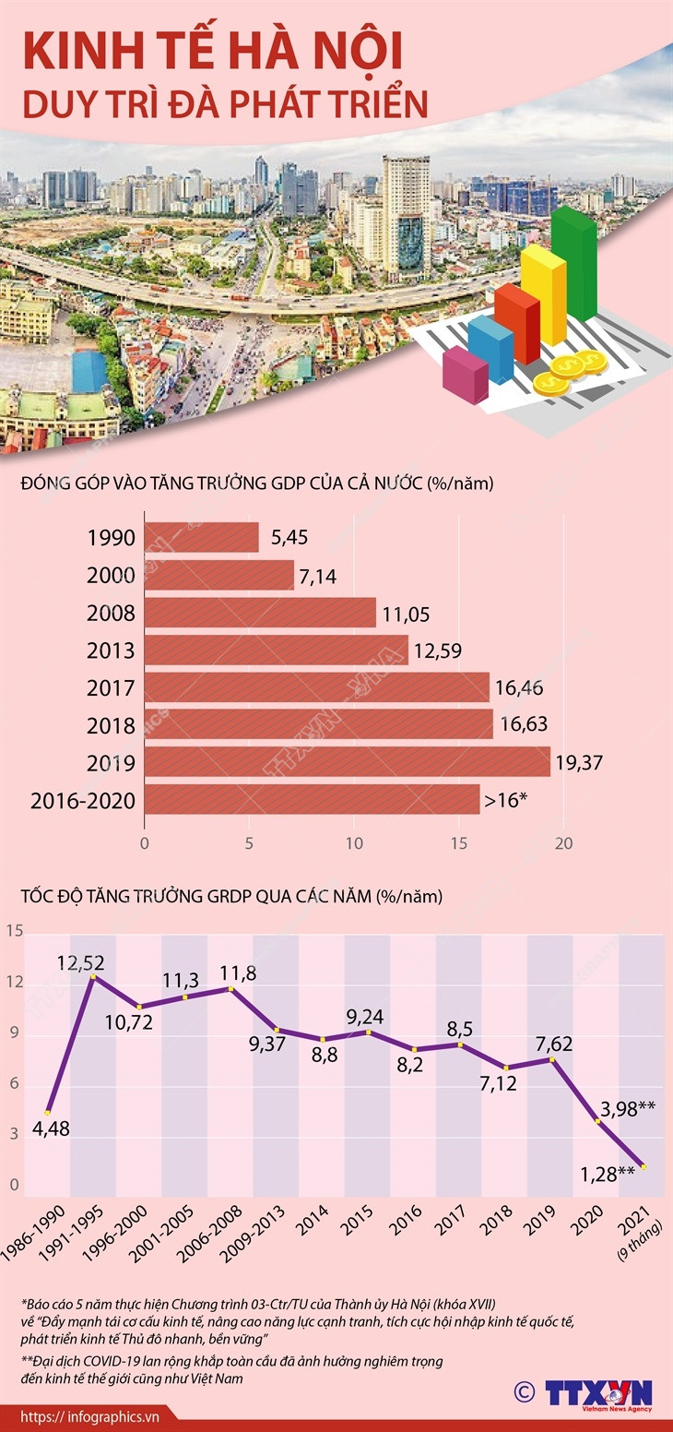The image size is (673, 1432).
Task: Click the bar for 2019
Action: (x=348, y=762)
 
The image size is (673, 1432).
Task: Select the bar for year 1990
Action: (x=202, y=537)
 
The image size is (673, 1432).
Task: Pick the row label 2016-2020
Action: (x=83, y=801)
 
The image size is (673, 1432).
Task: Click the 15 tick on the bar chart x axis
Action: (x=459, y=843)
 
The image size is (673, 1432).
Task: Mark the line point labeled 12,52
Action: (x=92, y=976)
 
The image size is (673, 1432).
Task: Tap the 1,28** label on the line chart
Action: (x=606, y=1173)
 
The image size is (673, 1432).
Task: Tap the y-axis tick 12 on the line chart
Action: (x=14, y=984)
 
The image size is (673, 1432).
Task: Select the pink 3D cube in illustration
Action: (x=466, y=375)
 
